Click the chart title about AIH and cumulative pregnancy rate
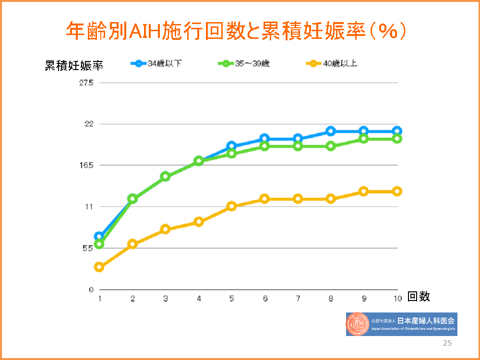tap(236, 31)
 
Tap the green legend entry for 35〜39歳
tap(245, 63)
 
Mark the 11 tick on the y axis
tap(89, 206)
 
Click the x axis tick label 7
tap(298, 299)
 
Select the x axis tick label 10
tap(397, 299)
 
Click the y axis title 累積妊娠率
tap(74, 66)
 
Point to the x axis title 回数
tap(419, 297)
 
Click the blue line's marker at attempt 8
tap(331, 131)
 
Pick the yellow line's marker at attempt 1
tap(99, 267)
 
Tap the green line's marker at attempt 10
tap(397, 139)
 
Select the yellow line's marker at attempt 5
tap(232, 206)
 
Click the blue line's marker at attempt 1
tap(99, 237)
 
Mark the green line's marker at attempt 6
tap(264, 146)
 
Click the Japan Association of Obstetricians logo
tap(401, 324)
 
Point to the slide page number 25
tap(447, 343)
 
